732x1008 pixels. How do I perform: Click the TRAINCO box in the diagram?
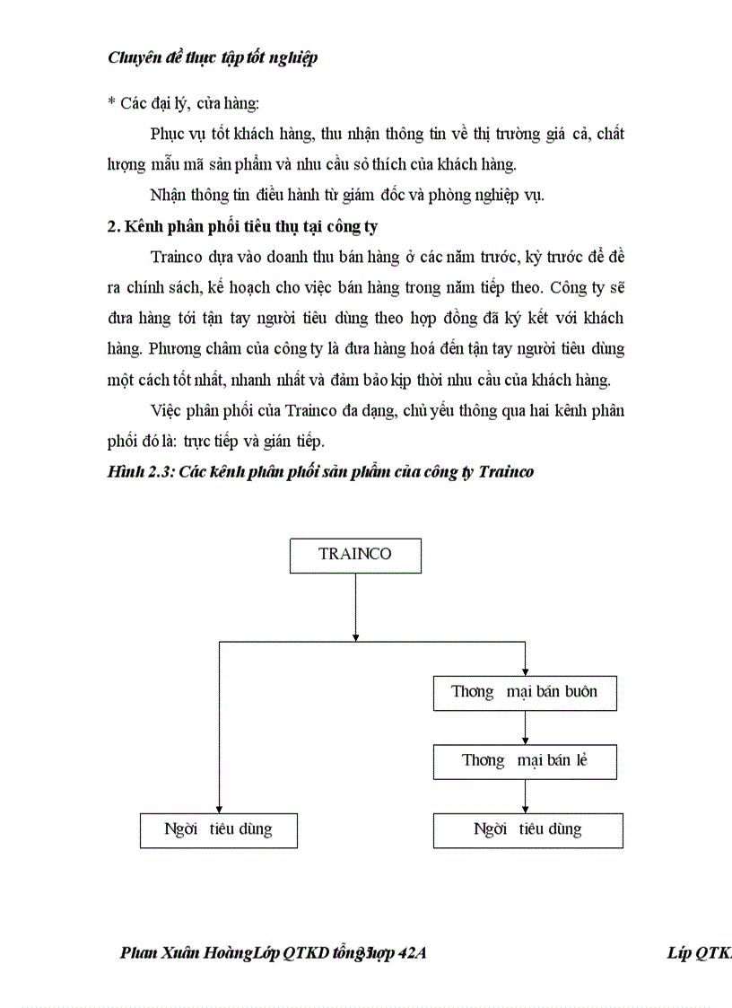355,555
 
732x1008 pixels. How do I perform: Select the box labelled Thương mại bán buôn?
525,692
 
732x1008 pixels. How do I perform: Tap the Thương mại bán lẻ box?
525,761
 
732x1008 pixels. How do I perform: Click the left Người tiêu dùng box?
218,829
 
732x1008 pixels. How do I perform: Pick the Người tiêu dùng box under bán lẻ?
527,829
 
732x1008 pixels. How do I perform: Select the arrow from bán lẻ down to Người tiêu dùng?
525,796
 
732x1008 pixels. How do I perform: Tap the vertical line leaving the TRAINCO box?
355,606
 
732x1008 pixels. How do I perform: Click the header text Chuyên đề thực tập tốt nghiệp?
212,58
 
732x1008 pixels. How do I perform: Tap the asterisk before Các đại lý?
111,104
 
